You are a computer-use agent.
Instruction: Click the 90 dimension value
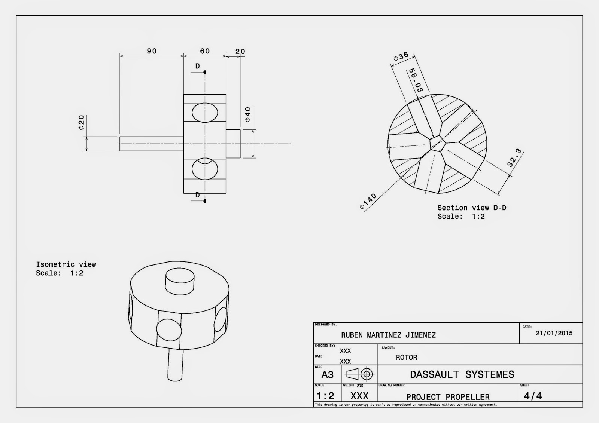coord(152,51)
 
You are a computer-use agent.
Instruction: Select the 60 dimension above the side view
coord(205,51)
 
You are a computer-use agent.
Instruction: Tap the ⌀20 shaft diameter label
coord(82,122)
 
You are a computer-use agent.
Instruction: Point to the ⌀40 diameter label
coord(247,114)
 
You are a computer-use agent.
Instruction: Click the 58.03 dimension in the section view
coord(415,80)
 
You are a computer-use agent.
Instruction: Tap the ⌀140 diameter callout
coord(368,202)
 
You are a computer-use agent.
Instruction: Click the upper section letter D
coord(197,66)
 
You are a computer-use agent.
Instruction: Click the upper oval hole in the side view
coord(205,112)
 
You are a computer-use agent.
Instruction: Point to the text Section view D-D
coord(472,208)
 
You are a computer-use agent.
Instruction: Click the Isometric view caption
coord(66,264)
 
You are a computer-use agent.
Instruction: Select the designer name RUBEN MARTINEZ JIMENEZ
coord(388,335)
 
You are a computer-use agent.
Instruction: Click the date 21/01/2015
coord(554,333)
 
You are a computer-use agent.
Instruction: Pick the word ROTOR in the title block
coord(406,358)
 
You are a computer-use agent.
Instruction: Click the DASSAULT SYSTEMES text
coord(462,374)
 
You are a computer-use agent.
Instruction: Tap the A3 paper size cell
coord(327,375)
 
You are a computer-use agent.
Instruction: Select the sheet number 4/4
coord(533,396)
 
